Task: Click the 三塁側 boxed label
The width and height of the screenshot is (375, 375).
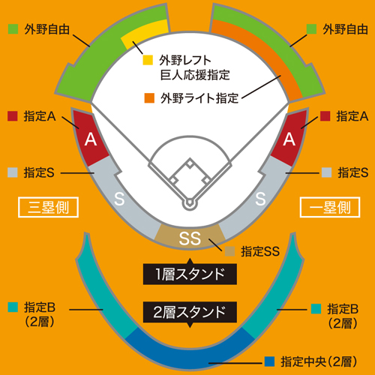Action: [x=48, y=207]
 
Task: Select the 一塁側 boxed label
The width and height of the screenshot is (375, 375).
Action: [x=330, y=207]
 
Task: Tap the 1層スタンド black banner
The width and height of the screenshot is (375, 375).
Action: [x=190, y=274]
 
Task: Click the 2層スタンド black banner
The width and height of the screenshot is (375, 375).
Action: [x=190, y=312]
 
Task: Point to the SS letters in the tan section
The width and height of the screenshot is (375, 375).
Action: [x=190, y=238]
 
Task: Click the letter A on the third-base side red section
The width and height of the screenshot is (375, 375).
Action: [x=91, y=139]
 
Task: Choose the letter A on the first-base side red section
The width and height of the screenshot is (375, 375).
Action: [x=289, y=139]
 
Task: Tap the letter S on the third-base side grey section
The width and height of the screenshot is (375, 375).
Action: [x=119, y=199]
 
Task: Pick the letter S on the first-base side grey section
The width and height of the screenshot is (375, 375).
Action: [x=260, y=199]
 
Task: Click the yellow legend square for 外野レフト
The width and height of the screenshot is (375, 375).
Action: [x=148, y=60]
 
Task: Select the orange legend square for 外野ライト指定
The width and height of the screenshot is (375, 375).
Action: [x=149, y=98]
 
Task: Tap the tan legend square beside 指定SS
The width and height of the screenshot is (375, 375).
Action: [x=229, y=251]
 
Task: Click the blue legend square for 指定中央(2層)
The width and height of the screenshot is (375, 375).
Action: [x=269, y=361]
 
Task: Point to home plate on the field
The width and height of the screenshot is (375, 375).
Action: [x=190, y=202]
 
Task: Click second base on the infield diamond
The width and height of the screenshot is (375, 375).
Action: [x=190, y=163]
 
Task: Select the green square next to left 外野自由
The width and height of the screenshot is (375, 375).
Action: [x=13, y=29]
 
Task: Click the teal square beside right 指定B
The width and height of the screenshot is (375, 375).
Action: [x=316, y=309]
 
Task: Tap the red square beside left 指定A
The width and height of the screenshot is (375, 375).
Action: [x=13, y=116]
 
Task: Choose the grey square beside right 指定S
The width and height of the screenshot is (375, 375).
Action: [x=326, y=172]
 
